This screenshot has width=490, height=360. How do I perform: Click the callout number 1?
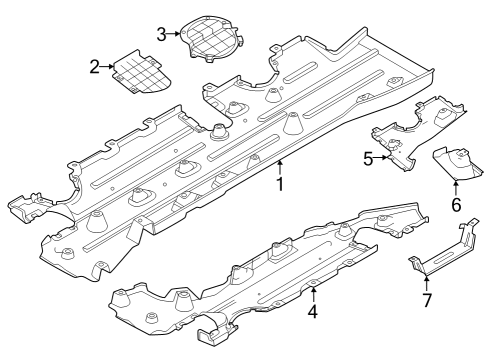(281, 185)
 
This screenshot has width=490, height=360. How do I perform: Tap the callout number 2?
(95, 67)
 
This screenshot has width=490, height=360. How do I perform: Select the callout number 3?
(162, 34)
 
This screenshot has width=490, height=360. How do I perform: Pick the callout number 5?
(368, 158)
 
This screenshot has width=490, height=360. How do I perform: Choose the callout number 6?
(456, 205)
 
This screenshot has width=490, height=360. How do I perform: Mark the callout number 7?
(426, 300)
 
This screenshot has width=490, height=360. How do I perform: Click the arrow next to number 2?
(109, 67)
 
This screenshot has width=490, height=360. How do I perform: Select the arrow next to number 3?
(176, 34)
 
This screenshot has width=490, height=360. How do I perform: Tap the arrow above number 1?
(281, 166)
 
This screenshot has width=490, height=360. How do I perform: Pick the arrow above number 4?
(313, 292)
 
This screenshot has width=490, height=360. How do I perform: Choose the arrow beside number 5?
(381, 157)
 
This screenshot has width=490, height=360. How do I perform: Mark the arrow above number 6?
(456, 186)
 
